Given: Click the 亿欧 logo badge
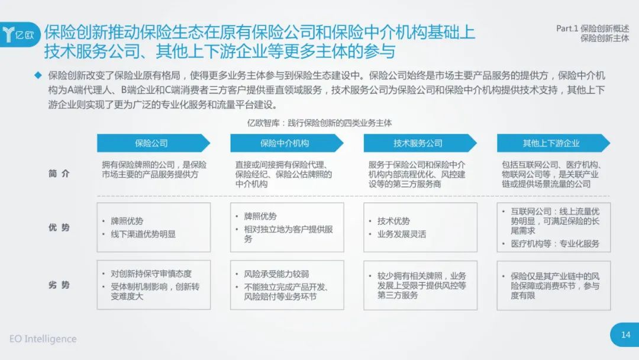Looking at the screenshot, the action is coord(20,35).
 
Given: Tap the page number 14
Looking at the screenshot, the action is coord(625,335).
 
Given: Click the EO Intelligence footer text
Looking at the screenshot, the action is coord(43,339).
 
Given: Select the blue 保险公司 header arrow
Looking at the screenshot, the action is coord(153,143).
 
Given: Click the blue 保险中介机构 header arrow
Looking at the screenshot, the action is coord(286,143).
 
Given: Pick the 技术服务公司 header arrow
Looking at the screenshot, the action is coord(419,143).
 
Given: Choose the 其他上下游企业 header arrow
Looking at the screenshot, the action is coord(553,143).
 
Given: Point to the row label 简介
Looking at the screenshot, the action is coord(59,173).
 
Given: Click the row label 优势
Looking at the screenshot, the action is coord(59,227).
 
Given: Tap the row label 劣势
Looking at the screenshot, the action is coord(59,285).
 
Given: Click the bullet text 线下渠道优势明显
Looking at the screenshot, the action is coord(143,234).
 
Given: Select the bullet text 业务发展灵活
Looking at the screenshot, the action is coord(401,234).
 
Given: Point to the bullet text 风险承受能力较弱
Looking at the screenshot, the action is coord(276,274).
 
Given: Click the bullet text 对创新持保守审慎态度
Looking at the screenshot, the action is coord(151,274).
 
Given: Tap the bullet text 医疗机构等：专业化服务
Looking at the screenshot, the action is coord(555,244).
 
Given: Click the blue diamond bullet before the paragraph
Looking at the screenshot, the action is coord(38,75).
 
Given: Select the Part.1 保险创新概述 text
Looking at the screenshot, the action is coord(592,28).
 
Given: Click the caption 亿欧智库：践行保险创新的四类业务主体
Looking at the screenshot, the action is coord(319,123).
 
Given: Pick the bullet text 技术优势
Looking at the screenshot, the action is coord(393,221).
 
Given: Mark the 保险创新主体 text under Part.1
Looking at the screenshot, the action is coord(605,38).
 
